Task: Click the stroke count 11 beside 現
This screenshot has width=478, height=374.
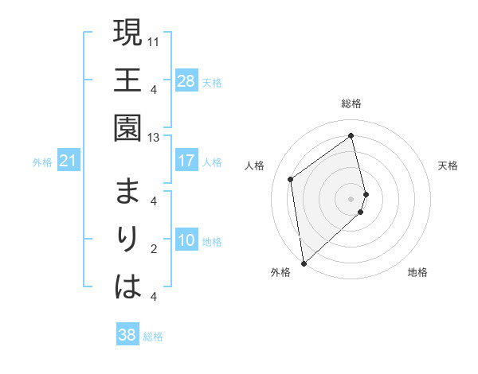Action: click(155, 40)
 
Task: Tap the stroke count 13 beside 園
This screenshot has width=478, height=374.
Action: click(155, 137)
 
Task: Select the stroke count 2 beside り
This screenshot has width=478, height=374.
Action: click(154, 249)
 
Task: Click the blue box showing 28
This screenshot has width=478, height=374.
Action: click(186, 80)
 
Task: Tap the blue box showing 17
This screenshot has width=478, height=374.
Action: click(186, 161)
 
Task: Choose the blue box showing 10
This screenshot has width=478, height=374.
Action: click(186, 240)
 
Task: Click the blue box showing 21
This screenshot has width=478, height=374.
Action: click(69, 162)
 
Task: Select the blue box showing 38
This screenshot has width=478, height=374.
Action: click(127, 335)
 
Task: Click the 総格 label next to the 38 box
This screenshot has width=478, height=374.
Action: click(154, 337)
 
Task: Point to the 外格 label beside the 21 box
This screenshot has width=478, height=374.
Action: click(42, 162)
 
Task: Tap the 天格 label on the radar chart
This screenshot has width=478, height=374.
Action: click(449, 166)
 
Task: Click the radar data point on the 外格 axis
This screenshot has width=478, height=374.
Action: click(304, 263)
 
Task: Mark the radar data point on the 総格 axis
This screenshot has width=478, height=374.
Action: click(351, 135)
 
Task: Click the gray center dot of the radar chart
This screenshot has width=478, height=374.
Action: click(351, 198)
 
